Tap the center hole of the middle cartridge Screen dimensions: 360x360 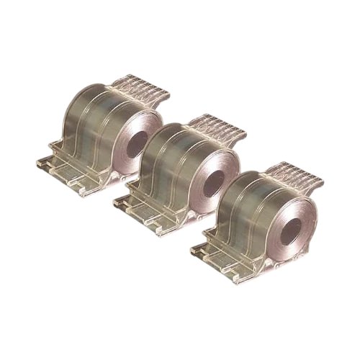point(214,184)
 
